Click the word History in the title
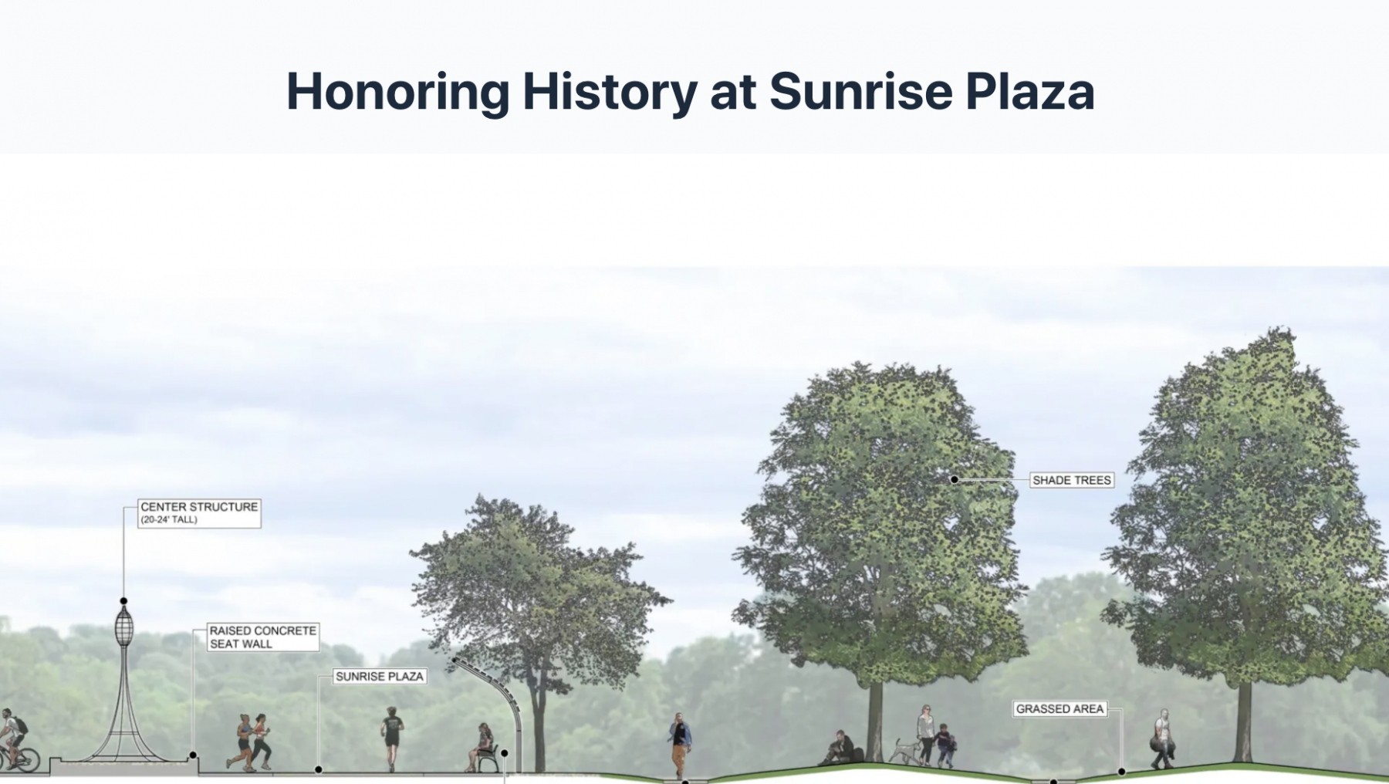[x=610, y=93]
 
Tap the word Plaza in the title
[x=1029, y=91]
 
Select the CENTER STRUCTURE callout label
[x=199, y=512]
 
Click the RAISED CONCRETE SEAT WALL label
[x=263, y=637]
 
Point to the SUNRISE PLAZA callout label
[x=380, y=676]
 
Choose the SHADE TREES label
[x=1072, y=480]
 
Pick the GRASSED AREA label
[x=1059, y=708]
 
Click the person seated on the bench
[x=483, y=747]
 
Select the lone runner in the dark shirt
[x=392, y=738]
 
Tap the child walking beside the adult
[x=945, y=745]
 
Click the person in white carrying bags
[x=1162, y=739]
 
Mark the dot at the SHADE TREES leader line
[x=955, y=479]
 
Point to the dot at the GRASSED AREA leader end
[x=1121, y=771]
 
